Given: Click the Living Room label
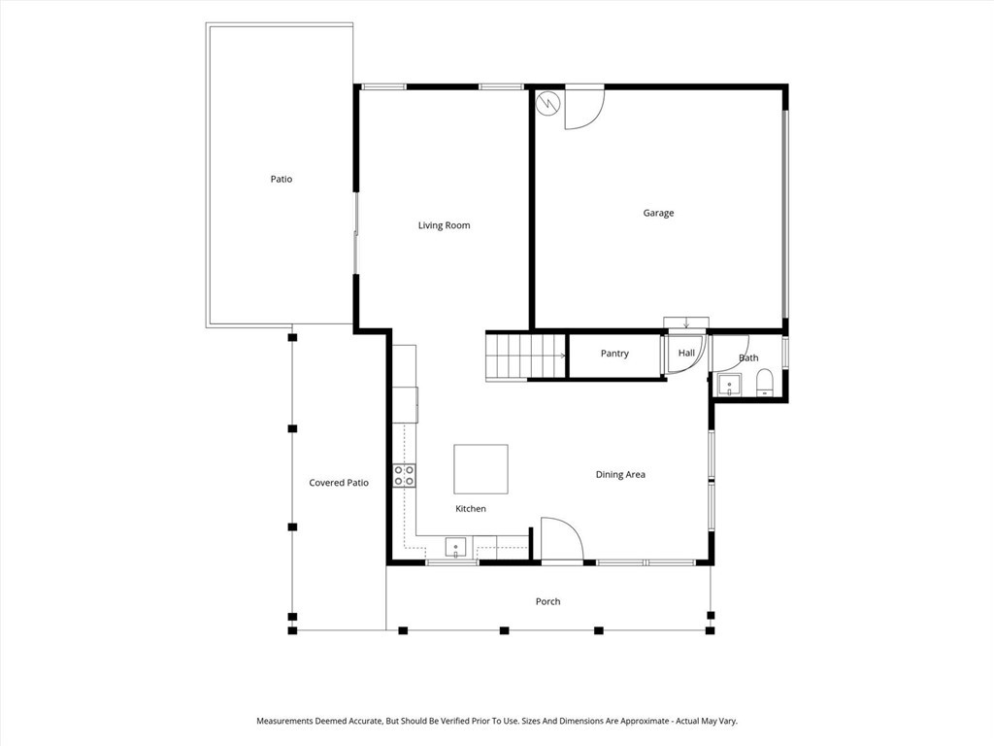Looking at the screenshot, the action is pyautogui.click(x=444, y=225).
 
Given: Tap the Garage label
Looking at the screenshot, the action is pyautogui.click(x=658, y=213).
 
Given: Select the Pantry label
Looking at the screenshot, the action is pyautogui.click(x=614, y=354).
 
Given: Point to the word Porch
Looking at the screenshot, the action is pyautogui.click(x=547, y=601).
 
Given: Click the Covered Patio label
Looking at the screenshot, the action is pyautogui.click(x=339, y=483).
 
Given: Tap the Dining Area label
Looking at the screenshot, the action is pyautogui.click(x=620, y=474).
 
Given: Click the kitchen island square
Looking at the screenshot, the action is pyautogui.click(x=480, y=469).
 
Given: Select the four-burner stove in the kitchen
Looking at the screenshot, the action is pyautogui.click(x=405, y=475).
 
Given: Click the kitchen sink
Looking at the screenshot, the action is pyautogui.click(x=455, y=548).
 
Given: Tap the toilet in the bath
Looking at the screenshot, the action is pyautogui.click(x=765, y=382).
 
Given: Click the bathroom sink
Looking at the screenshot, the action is pyautogui.click(x=729, y=385).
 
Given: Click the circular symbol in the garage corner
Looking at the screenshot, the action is pyautogui.click(x=547, y=103).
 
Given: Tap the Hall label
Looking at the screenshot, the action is pyautogui.click(x=686, y=353).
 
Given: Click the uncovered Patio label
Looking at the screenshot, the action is pyautogui.click(x=282, y=180).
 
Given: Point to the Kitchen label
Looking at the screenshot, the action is pyautogui.click(x=471, y=509).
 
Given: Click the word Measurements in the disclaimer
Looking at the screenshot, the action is pyautogui.click(x=284, y=722).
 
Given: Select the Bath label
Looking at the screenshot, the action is pyautogui.click(x=748, y=358).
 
